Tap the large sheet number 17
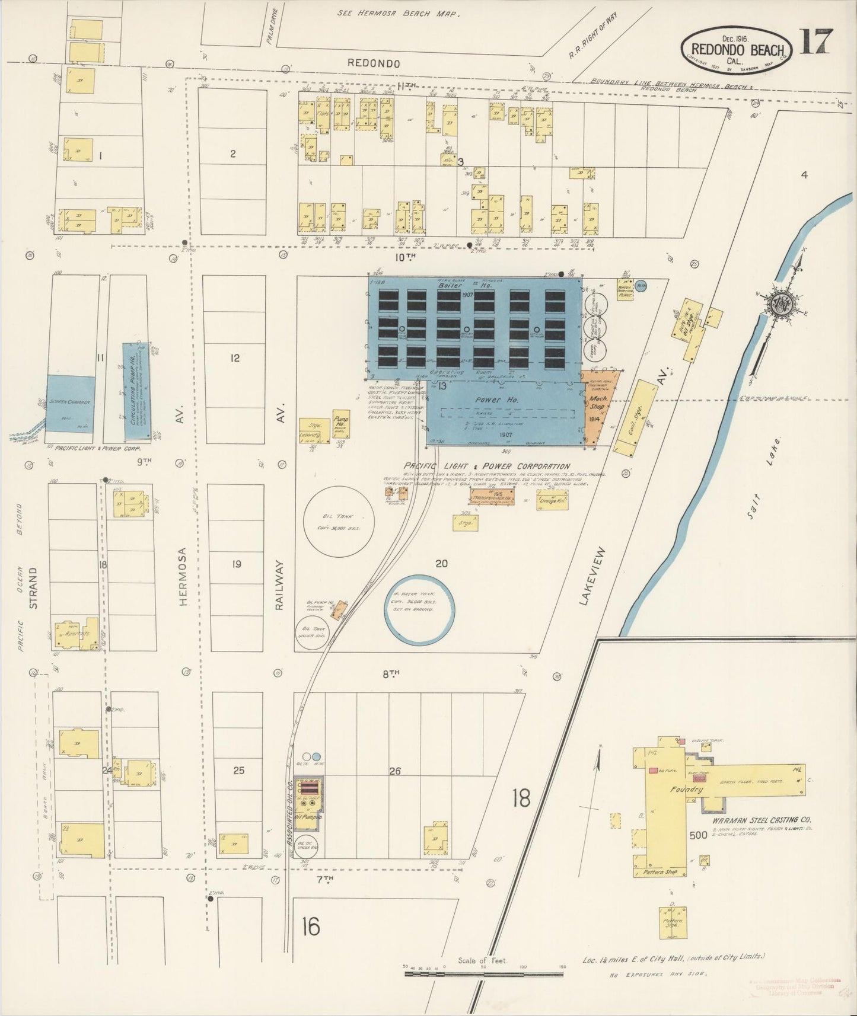pyautogui.click(x=816, y=41)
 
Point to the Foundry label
pyautogui.click(x=686, y=790)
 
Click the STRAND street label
pyautogui.click(x=34, y=587)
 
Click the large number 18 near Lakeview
pyautogui.click(x=521, y=798)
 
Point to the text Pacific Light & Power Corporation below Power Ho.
pyautogui.click(x=486, y=467)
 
